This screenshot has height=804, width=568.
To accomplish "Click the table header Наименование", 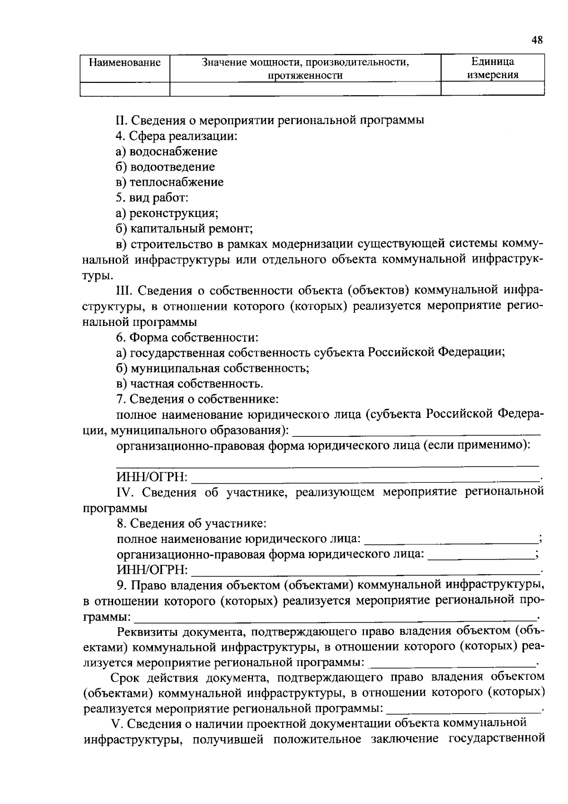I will [x=125, y=63].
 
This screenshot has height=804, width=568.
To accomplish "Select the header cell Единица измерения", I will [x=492, y=68].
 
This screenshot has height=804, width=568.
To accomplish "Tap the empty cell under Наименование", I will [x=125, y=89].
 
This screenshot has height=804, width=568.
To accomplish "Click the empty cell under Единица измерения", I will [x=492, y=89].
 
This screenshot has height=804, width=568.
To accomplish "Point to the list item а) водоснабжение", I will [x=167, y=152].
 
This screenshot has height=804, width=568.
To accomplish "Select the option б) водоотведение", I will [x=165, y=167].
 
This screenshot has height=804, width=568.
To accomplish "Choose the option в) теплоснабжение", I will [x=170, y=182].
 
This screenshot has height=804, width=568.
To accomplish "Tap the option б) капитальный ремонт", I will [x=185, y=229].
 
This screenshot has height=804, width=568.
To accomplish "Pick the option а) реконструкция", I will [x=167, y=213].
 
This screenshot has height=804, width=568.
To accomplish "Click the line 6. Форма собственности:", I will [x=187, y=338].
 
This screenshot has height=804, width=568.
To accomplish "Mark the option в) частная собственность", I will [x=189, y=384].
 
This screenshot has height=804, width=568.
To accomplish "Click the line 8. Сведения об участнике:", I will [x=191, y=524].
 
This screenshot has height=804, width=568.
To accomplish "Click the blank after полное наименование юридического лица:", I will [x=452, y=539].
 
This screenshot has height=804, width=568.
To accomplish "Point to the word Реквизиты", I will [x=147, y=632].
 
